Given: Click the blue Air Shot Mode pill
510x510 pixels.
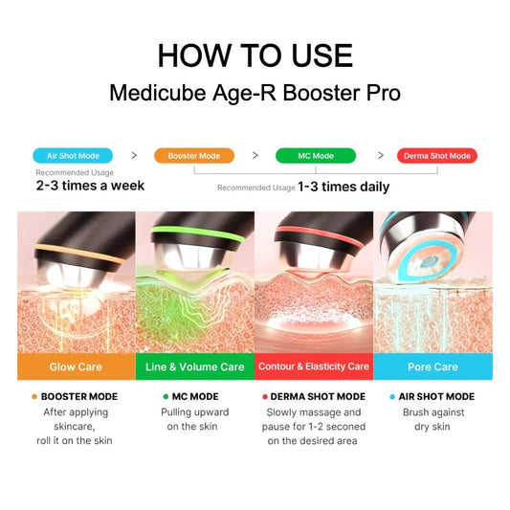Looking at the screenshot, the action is click(73, 156).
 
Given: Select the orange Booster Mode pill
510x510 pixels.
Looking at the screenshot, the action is click(194, 156).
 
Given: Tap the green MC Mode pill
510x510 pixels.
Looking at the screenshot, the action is click(316, 156).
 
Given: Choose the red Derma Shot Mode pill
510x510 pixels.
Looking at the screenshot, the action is click(437, 156).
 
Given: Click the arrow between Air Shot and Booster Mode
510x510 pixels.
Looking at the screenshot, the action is click(134, 155).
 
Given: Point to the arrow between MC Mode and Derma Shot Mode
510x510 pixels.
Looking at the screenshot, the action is click(381, 155).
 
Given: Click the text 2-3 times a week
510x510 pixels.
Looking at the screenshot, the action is click(90, 186).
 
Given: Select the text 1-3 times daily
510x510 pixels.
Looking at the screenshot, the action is click(344, 187).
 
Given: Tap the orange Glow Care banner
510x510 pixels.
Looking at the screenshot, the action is click(77, 366).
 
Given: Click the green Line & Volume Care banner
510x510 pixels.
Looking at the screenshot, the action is click(195, 366).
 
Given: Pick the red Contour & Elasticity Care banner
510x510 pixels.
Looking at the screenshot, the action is click(314, 366).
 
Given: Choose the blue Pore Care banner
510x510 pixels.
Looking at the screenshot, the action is click(432, 366).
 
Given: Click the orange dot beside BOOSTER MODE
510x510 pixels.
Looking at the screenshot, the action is click(34, 396).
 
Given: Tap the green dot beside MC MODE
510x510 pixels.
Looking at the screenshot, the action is click(166, 396).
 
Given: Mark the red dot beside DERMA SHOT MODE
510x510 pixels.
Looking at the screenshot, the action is click(265, 396).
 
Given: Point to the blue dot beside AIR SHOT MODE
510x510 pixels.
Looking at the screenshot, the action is click(392, 396).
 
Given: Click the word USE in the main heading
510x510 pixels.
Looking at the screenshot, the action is click(322, 55).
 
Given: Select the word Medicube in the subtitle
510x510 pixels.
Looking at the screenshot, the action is click(158, 93).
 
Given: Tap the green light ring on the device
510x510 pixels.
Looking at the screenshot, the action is click(197, 233).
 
